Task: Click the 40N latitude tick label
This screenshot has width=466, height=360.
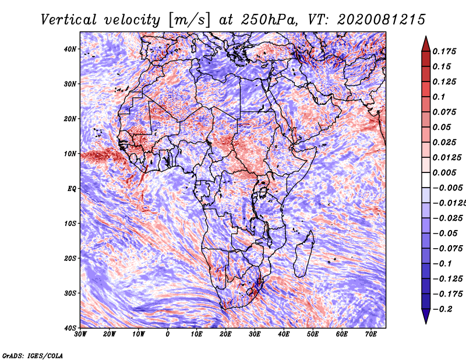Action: (x=70, y=49)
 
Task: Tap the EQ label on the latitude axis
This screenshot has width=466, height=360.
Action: (x=72, y=189)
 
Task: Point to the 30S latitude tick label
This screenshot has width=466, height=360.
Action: (x=70, y=293)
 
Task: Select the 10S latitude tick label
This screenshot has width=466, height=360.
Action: (x=70, y=224)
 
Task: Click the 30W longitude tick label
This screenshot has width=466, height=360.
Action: (x=80, y=334)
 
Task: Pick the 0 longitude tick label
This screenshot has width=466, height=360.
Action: (x=167, y=334)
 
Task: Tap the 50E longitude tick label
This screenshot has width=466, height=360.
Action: (x=313, y=334)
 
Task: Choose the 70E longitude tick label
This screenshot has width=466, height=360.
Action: (x=370, y=334)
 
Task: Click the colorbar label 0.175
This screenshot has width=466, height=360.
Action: (x=444, y=51)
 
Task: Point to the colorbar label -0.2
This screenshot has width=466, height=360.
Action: (x=442, y=309)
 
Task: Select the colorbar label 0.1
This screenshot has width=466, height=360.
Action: (x=439, y=97)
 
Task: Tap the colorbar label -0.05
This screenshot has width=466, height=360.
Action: (x=446, y=234)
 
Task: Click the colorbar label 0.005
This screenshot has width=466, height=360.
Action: (x=444, y=172)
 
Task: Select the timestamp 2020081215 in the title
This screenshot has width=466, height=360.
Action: (x=381, y=20)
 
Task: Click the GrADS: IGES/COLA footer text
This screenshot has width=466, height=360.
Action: (x=33, y=355)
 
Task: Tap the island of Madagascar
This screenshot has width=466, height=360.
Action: (x=304, y=254)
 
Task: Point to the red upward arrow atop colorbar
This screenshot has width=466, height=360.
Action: (x=426, y=44)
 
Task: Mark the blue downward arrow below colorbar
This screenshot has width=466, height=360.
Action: (x=426, y=316)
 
